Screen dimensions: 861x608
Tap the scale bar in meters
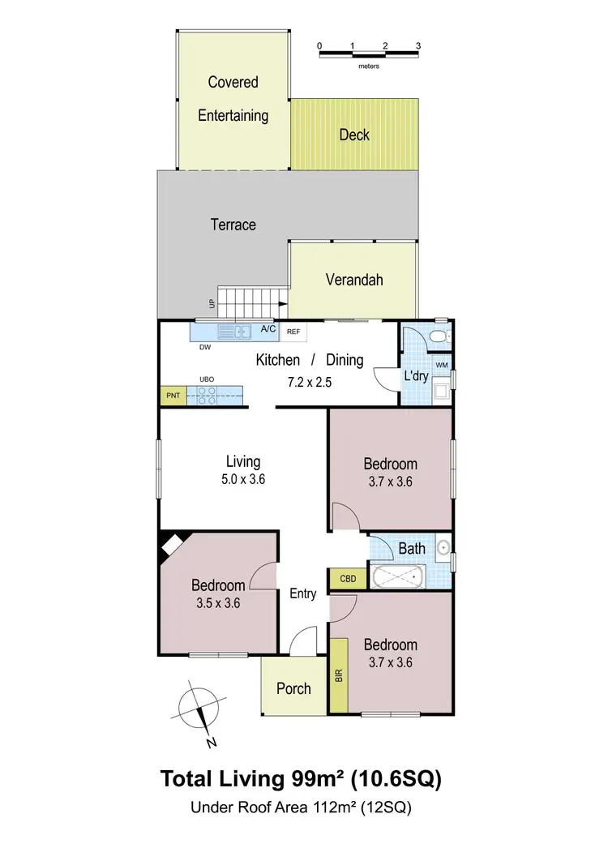pos(368,54)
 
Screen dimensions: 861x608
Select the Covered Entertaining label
pos(233,99)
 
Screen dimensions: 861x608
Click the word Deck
pos(354,135)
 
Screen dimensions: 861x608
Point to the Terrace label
pos(233,225)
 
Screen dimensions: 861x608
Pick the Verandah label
pos(354,280)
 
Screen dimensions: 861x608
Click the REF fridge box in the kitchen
pos(293,332)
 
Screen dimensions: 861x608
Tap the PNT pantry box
pos(173,396)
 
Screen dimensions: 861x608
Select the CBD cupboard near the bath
pos(348,579)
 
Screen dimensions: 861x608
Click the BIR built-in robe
pos(338,675)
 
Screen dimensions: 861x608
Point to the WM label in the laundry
pos(442,366)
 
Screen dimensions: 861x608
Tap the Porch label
pos(293,688)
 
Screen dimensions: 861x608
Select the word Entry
pos(303,593)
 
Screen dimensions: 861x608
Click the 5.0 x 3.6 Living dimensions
pos(243,479)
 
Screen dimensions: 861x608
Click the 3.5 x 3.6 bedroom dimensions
pos(218,603)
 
